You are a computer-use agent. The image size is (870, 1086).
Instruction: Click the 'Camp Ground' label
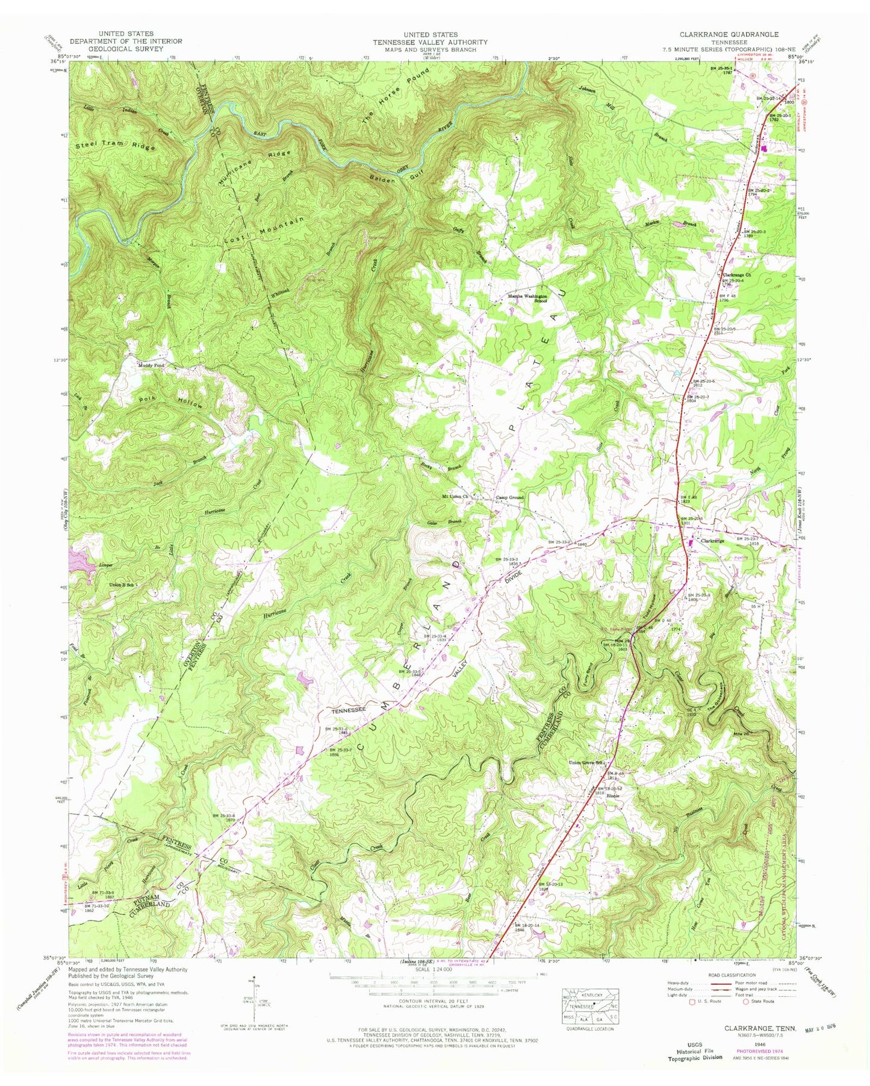pos(510,498)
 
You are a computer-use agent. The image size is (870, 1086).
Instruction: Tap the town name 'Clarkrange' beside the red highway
pos(716,541)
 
